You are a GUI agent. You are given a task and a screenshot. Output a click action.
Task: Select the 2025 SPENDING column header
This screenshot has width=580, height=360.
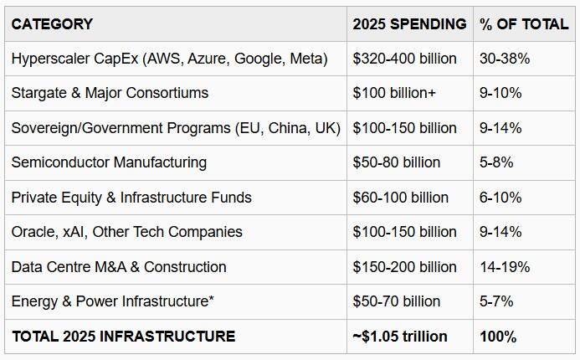tap(409, 23)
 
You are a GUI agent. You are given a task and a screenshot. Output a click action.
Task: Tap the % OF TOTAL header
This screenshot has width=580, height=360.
tap(524, 23)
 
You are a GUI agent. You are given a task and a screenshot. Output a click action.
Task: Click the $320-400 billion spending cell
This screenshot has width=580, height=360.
tap(405, 59)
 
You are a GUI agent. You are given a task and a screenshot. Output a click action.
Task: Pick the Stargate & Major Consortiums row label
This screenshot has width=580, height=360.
tap(110, 93)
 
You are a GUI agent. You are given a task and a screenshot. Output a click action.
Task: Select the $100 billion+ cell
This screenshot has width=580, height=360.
tap(394, 93)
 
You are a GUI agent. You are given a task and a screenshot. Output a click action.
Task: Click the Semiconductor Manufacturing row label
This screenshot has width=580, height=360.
tap(109, 162)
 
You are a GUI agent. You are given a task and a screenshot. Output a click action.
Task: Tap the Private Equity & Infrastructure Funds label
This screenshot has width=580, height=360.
tap(131, 198)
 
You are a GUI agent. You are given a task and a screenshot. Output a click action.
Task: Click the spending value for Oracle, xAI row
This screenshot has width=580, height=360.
tap(405, 232)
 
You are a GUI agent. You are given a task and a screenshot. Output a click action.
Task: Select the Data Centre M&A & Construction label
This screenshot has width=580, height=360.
tap(119, 267)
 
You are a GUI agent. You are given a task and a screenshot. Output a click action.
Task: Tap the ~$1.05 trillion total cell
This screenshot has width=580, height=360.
tap(400, 337)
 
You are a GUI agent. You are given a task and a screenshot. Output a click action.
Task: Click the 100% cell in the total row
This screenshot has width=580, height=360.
tap(497, 337)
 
